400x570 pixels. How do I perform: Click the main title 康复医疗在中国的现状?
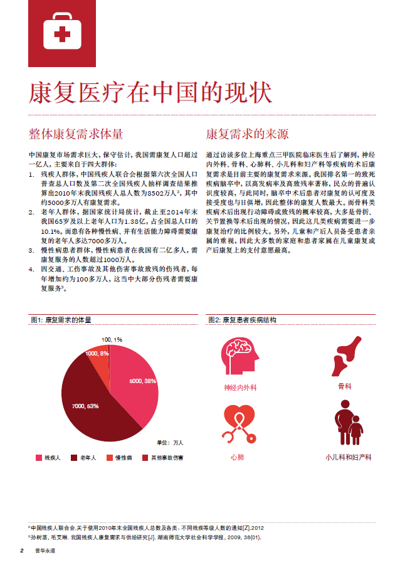pos(150,93)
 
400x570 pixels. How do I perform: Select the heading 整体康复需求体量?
pos(76,134)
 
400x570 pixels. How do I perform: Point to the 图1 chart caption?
pos(61,320)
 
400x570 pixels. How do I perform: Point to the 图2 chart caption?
pos(241,320)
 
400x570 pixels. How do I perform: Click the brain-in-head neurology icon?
pos(240,356)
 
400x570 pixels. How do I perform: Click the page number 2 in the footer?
pos(21,551)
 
